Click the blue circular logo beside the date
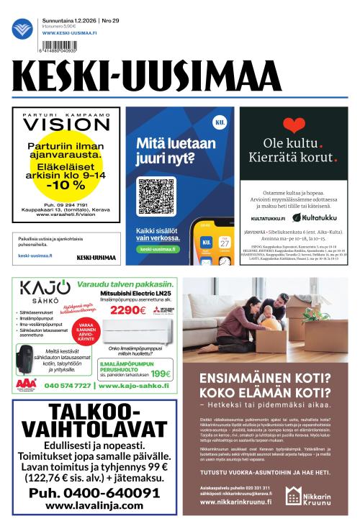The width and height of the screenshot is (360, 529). pyautogui.click(x=22, y=29)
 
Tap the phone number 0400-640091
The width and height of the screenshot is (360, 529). pyautogui.click(x=90, y=493)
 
